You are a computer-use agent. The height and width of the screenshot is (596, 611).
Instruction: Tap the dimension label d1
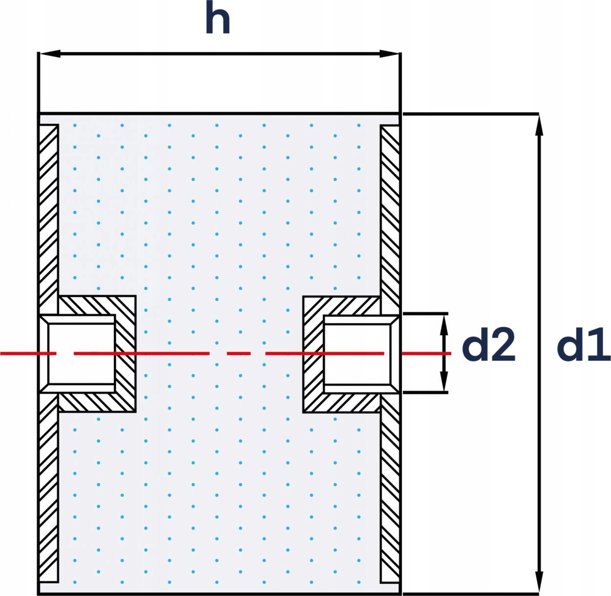pos(583,346)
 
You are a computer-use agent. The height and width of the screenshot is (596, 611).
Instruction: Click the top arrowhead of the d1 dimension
pos(539,125)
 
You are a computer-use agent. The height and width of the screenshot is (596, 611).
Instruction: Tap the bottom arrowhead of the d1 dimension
pos(539,582)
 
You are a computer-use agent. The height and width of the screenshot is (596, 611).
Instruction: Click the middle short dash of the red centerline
pos(238,353)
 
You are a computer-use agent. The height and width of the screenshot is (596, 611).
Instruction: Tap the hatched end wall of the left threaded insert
pos(126,353)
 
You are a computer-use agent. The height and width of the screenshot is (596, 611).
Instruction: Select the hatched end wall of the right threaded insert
pos(313,353)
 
